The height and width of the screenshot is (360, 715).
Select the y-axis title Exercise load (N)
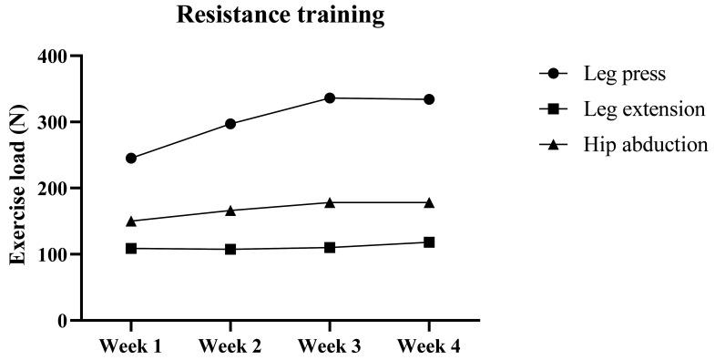tap(17, 189)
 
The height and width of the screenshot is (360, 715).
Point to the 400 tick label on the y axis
tap(54, 57)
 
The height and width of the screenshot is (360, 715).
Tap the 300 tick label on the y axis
tap(54, 122)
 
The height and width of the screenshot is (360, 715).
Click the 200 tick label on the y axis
tap(54, 189)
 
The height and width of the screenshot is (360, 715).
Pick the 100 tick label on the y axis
tap(54, 255)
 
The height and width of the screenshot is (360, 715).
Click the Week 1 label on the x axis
tap(131, 347)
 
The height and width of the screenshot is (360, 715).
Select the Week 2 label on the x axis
tap(230, 347)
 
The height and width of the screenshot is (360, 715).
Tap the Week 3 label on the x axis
tap(330, 347)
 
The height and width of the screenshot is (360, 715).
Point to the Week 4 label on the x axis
tap(429, 347)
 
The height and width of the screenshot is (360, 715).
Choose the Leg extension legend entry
tap(645, 109)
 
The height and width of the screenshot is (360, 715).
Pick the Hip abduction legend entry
tap(646, 145)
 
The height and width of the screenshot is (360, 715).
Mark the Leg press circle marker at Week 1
tap(131, 158)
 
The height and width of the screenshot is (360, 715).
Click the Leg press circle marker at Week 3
tap(330, 98)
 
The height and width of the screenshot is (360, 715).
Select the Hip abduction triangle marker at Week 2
tap(230, 210)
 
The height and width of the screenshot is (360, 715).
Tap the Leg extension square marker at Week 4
tap(429, 242)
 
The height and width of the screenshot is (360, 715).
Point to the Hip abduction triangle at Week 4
tap(429, 201)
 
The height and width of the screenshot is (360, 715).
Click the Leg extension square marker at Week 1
tap(131, 248)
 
